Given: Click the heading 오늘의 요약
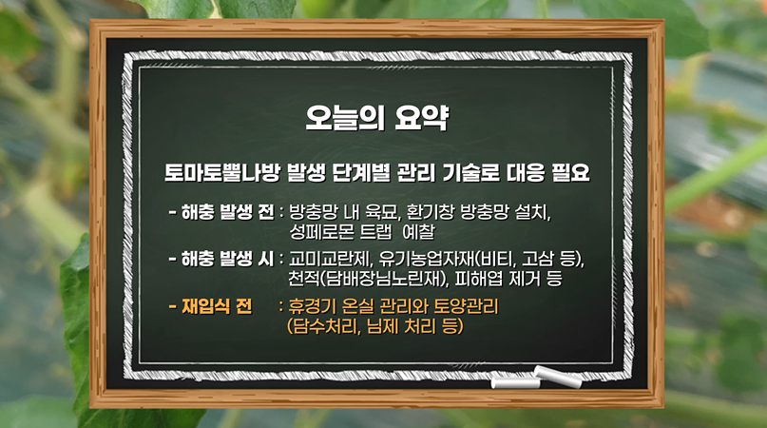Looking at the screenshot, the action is (x=376, y=118).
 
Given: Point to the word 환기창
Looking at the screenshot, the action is (x=431, y=212).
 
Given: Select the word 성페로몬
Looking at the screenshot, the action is (x=321, y=232).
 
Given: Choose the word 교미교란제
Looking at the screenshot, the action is (x=330, y=259).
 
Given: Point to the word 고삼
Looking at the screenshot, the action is (x=538, y=259).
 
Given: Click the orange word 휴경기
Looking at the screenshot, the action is (x=312, y=306).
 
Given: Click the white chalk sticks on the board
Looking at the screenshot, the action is (x=537, y=378).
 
